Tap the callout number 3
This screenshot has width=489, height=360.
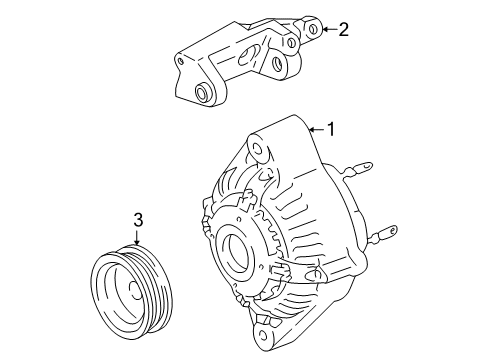coord(140,219)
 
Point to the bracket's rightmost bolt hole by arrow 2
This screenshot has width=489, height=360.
coord(313,29)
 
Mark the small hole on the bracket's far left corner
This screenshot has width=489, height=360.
coord(182,61)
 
